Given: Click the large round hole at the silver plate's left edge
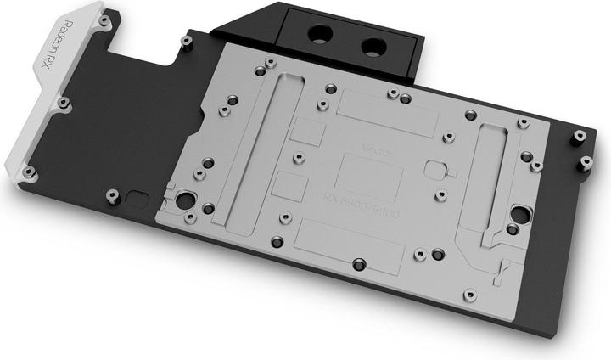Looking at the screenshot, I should pyautogui.click(x=183, y=202).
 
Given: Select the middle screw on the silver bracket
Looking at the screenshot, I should pyautogui.click(x=62, y=103).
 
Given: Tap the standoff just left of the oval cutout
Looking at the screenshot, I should pyautogui.click(x=111, y=197).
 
